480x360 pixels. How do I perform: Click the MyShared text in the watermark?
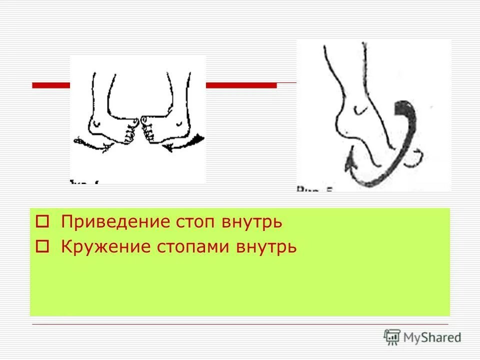432,337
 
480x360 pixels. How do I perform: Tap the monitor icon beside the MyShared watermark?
392,336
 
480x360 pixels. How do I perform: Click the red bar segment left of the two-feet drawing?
50,85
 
